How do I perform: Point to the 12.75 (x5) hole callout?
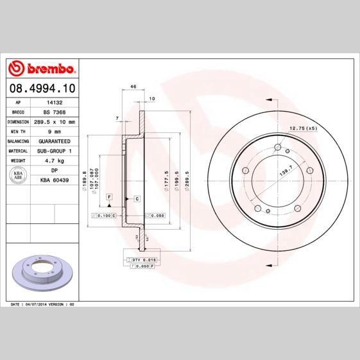pos(304,128)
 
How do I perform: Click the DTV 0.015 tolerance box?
pos(144,259)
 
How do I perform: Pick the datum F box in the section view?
pos(109,195)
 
